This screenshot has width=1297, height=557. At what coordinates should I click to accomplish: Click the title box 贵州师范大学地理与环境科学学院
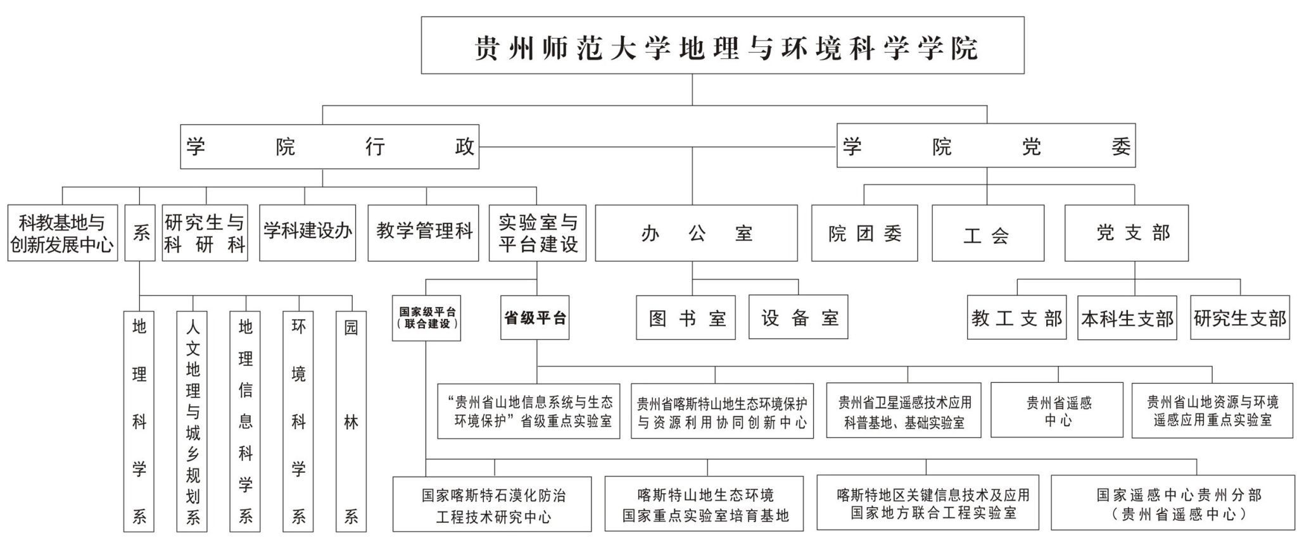click(723, 46)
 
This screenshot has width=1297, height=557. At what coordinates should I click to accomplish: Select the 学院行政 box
click(329, 147)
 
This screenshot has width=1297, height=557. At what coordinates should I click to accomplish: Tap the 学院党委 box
click(986, 146)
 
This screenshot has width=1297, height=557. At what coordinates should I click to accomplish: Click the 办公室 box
click(696, 234)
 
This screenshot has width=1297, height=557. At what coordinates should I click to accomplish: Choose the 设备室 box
click(798, 318)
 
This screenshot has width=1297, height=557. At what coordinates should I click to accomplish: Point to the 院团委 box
click(864, 234)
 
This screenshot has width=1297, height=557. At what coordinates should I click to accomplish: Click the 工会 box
click(987, 234)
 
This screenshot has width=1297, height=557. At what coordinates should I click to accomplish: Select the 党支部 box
click(1126, 233)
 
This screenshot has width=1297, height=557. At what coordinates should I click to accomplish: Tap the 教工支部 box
click(1016, 318)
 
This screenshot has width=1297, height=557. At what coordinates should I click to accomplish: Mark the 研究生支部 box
click(1239, 318)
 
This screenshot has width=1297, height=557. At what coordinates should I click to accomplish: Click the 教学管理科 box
click(423, 232)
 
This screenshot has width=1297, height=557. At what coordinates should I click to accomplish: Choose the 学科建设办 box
click(307, 232)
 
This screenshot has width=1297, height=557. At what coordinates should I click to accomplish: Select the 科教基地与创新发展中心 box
click(63, 233)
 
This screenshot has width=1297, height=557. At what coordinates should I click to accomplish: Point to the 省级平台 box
click(535, 318)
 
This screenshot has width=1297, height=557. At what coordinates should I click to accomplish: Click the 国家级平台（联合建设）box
click(426, 318)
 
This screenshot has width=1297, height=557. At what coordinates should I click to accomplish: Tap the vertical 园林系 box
click(351, 421)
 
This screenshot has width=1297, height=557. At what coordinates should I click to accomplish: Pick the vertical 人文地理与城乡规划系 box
click(192, 421)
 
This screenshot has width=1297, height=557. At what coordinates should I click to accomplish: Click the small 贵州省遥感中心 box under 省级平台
click(1056, 410)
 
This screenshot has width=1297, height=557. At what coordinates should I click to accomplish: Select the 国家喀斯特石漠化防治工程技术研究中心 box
click(492, 504)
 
